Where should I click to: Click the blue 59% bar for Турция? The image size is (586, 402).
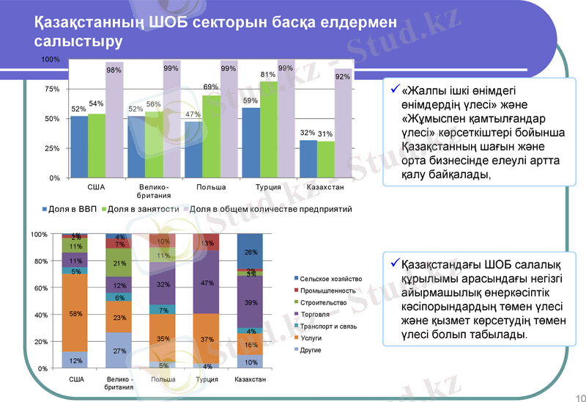pyautogui.click(x=251, y=143)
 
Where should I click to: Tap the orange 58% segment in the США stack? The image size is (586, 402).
pyautogui.click(x=75, y=313)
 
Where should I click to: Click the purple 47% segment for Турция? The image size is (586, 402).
pyautogui.click(x=207, y=282)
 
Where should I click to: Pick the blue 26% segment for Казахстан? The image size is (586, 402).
pyautogui.click(x=251, y=252)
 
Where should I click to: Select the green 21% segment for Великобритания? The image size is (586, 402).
pyautogui.click(x=119, y=263)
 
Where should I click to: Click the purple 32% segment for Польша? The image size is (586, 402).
pyautogui.click(x=163, y=284)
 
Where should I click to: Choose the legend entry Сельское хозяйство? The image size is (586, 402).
pyautogui.click(x=330, y=279)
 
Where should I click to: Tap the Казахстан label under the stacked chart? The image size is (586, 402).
pyautogui.click(x=251, y=379)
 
